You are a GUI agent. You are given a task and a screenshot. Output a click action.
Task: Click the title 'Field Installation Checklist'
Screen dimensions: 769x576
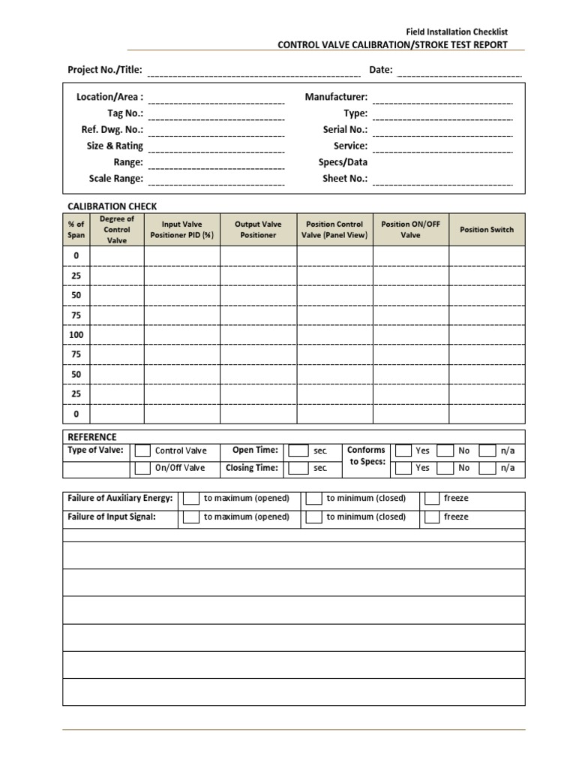point(457,32)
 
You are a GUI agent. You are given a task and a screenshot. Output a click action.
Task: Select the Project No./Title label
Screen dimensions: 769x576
point(104,70)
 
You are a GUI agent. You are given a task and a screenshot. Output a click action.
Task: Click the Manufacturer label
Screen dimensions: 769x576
point(336,97)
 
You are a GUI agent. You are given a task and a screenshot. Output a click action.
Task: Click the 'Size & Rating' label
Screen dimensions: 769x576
point(114,146)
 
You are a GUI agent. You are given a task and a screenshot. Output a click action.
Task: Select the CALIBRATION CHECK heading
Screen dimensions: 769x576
point(112,207)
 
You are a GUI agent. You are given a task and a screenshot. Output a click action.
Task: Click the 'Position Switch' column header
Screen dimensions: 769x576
point(487,230)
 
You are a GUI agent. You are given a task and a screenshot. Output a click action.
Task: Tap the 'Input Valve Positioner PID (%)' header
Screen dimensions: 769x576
point(182,230)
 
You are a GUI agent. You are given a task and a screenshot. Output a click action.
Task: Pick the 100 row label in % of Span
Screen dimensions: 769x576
point(76,334)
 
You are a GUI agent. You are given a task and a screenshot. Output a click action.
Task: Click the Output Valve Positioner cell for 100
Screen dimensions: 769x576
point(258,334)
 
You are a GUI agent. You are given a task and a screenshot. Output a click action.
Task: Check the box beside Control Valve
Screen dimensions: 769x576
point(142,451)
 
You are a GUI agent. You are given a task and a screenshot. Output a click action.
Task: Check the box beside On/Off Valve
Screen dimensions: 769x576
point(142,468)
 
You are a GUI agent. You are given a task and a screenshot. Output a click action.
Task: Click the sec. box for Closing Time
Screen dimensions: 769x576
point(298,468)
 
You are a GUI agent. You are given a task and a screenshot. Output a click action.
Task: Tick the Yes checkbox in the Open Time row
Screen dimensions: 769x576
point(403,451)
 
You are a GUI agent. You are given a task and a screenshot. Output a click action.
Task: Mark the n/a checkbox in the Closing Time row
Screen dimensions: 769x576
point(487,468)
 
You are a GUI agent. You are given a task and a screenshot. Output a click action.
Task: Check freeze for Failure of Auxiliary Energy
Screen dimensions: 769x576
point(432,499)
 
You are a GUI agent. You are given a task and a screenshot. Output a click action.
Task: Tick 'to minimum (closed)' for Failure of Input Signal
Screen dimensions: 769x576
point(314,517)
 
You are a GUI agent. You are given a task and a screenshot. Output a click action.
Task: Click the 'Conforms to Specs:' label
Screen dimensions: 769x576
point(366,456)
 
